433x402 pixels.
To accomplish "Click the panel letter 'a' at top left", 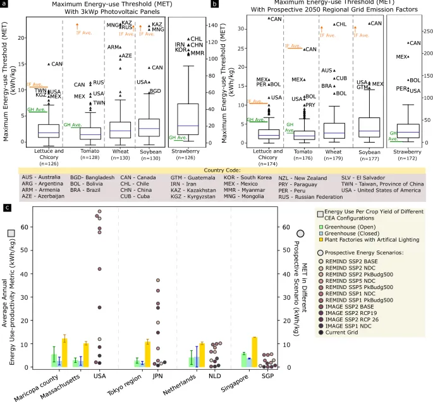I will pyautogui.click(x=4, y=4).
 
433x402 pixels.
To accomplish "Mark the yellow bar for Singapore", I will pyautogui.click(x=254, y=352).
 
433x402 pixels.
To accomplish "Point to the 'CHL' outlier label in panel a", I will pyautogui.click(x=197, y=39).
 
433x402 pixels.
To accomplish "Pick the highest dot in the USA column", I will pyautogui.click(x=99, y=211).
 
